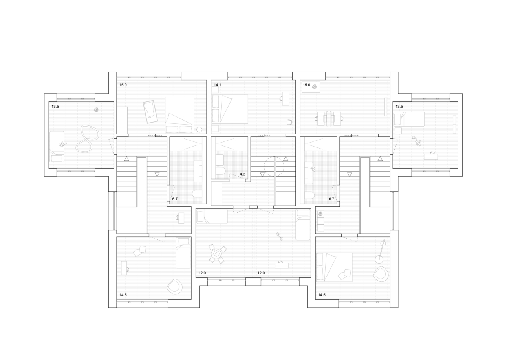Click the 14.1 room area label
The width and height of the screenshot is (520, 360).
(217, 85)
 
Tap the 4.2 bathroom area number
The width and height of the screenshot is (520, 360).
(242, 174)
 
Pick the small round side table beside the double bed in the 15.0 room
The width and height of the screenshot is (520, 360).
(199, 130)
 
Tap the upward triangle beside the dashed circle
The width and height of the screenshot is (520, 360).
(286, 159)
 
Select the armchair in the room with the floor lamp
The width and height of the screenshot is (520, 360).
(381, 274)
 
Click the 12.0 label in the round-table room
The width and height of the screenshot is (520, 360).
(202, 273)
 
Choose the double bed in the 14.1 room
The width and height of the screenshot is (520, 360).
(230, 109)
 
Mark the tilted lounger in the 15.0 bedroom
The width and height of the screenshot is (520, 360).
(150, 112)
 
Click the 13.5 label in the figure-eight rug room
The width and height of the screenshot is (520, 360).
(55, 107)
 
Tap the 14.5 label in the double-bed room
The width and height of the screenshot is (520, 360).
(322, 295)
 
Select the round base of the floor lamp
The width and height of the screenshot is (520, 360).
(379, 259)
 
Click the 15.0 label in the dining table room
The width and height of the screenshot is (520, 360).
(306, 85)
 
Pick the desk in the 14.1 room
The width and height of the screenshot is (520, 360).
(286, 99)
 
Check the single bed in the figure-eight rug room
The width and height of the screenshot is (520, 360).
(57, 147)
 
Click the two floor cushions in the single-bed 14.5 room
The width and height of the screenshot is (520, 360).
(140, 251)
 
